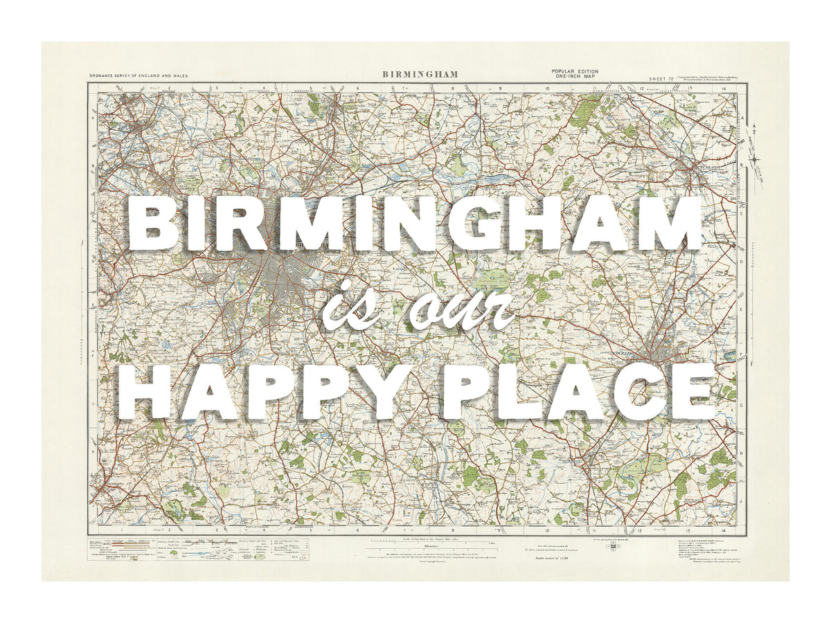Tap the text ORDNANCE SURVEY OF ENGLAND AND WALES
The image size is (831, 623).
point(138,75)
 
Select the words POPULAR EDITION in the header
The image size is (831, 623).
point(575,72)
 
